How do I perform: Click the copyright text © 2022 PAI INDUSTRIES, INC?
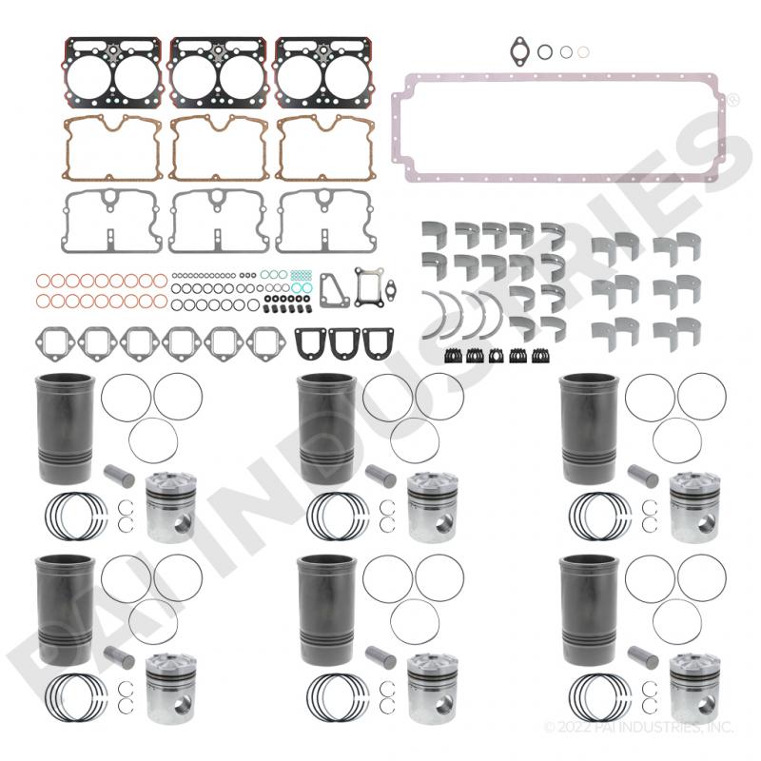(x=638, y=727)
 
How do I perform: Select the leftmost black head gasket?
(x=113, y=73)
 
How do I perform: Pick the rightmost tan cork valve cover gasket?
(x=325, y=148)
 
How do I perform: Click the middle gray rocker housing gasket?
(x=219, y=222)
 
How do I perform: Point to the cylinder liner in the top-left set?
(x=65, y=428)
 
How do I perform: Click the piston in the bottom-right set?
(x=695, y=689)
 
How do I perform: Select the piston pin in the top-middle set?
(x=381, y=477)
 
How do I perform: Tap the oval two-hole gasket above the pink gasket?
(x=519, y=50)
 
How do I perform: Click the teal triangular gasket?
(x=334, y=290)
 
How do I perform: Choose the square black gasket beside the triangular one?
(x=369, y=287)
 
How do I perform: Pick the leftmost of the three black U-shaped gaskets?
(x=308, y=343)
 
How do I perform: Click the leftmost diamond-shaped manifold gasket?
(x=55, y=344)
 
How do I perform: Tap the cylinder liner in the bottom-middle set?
(x=326, y=610)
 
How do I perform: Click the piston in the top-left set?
(x=171, y=507)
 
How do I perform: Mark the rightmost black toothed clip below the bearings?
(x=540, y=356)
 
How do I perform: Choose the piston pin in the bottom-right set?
(x=643, y=657)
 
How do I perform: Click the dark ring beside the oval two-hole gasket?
(x=545, y=52)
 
